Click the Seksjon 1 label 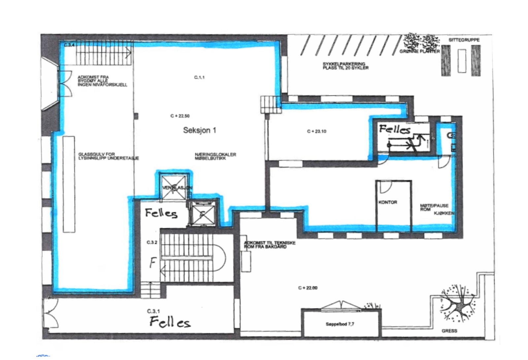pyautogui.click(x=199, y=130)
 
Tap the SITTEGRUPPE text pyautogui.click(x=464, y=40)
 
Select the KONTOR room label pyautogui.click(x=388, y=202)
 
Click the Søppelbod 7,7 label pyautogui.click(x=340, y=324)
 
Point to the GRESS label pyautogui.click(x=449, y=331)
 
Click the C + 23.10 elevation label pyautogui.click(x=316, y=131)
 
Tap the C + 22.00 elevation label pyautogui.click(x=308, y=288)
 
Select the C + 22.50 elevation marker pyautogui.click(x=180, y=116)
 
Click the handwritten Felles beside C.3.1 pyautogui.click(x=170, y=322)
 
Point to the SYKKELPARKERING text pyautogui.click(x=344, y=64)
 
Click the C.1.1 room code pyautogui.click(x=199, y=78)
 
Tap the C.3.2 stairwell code pyautogui.click(x=152, y=243)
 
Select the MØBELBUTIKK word pyautogui.click(x=210, y=158)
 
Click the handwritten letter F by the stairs pyautogui.click(x=152, y=263)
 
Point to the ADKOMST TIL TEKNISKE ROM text pyautogui.click(x=270, y=245)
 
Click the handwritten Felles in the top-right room pyautogui.click(x=395, y=129)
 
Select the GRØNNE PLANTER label pyautogui.click(x=419, y=51)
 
